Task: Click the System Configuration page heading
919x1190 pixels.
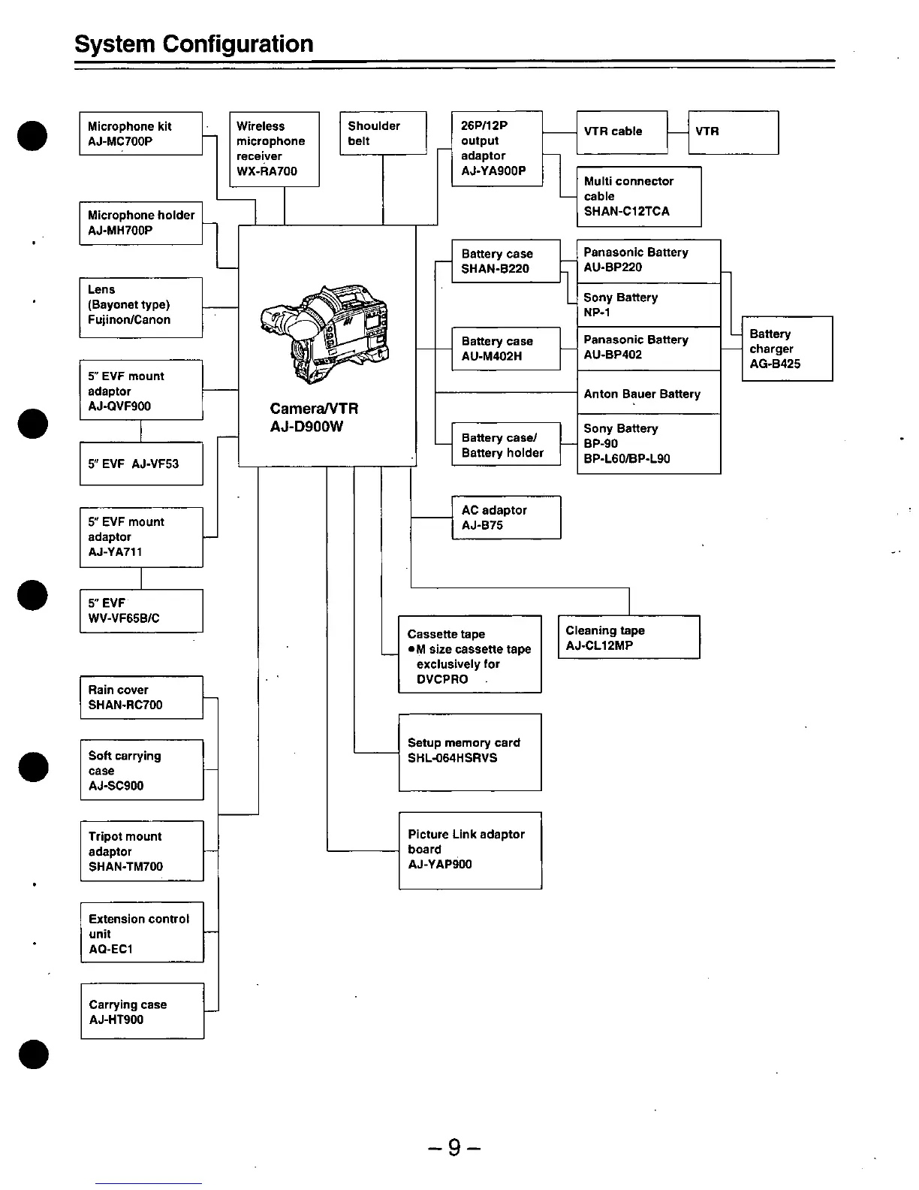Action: pyautogui.click(x=194, y=44)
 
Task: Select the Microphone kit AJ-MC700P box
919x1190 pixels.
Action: pyautogui.click(x=140, y=134)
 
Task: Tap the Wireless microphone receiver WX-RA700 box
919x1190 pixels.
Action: pyautogui.click(x=274, y=149)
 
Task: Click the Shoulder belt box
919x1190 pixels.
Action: pyautogui.click(x=383, y=133)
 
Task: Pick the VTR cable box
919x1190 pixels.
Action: pyautogui.click(x=621, y=132)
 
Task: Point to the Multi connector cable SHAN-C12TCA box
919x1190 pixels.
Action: pyautogui.click(x=638, y=196)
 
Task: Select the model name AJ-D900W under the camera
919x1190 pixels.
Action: pyautogui.click(x=306, y=427)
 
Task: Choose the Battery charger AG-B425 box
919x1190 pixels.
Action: pyautogui.click(x=786, y=349)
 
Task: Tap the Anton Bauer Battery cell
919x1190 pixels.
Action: pyautogui.click(x=649, y=393)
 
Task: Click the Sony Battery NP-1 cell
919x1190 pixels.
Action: pyautogui.click(x=649, y=305)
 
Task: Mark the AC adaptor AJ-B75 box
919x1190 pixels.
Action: pyautogui.click(x=505, y=518)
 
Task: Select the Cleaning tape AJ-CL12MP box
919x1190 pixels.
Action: pyautogui.click(x=628, y=637)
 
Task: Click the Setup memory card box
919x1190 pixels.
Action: pyautogui.click(x=469, y=751)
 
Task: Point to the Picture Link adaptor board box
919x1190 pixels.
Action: pyautogui.click(x=469, y=850)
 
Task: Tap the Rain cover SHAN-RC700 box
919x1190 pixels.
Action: pyautogui.click(x=141, y=697)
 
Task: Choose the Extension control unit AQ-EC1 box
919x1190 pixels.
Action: pyautogui.click(x=142, y=932)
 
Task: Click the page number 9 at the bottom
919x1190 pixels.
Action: pyautogui.click(x=453, y=1147)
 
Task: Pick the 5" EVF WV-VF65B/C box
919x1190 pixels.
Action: pyautogui.click(x=141, y=611)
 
